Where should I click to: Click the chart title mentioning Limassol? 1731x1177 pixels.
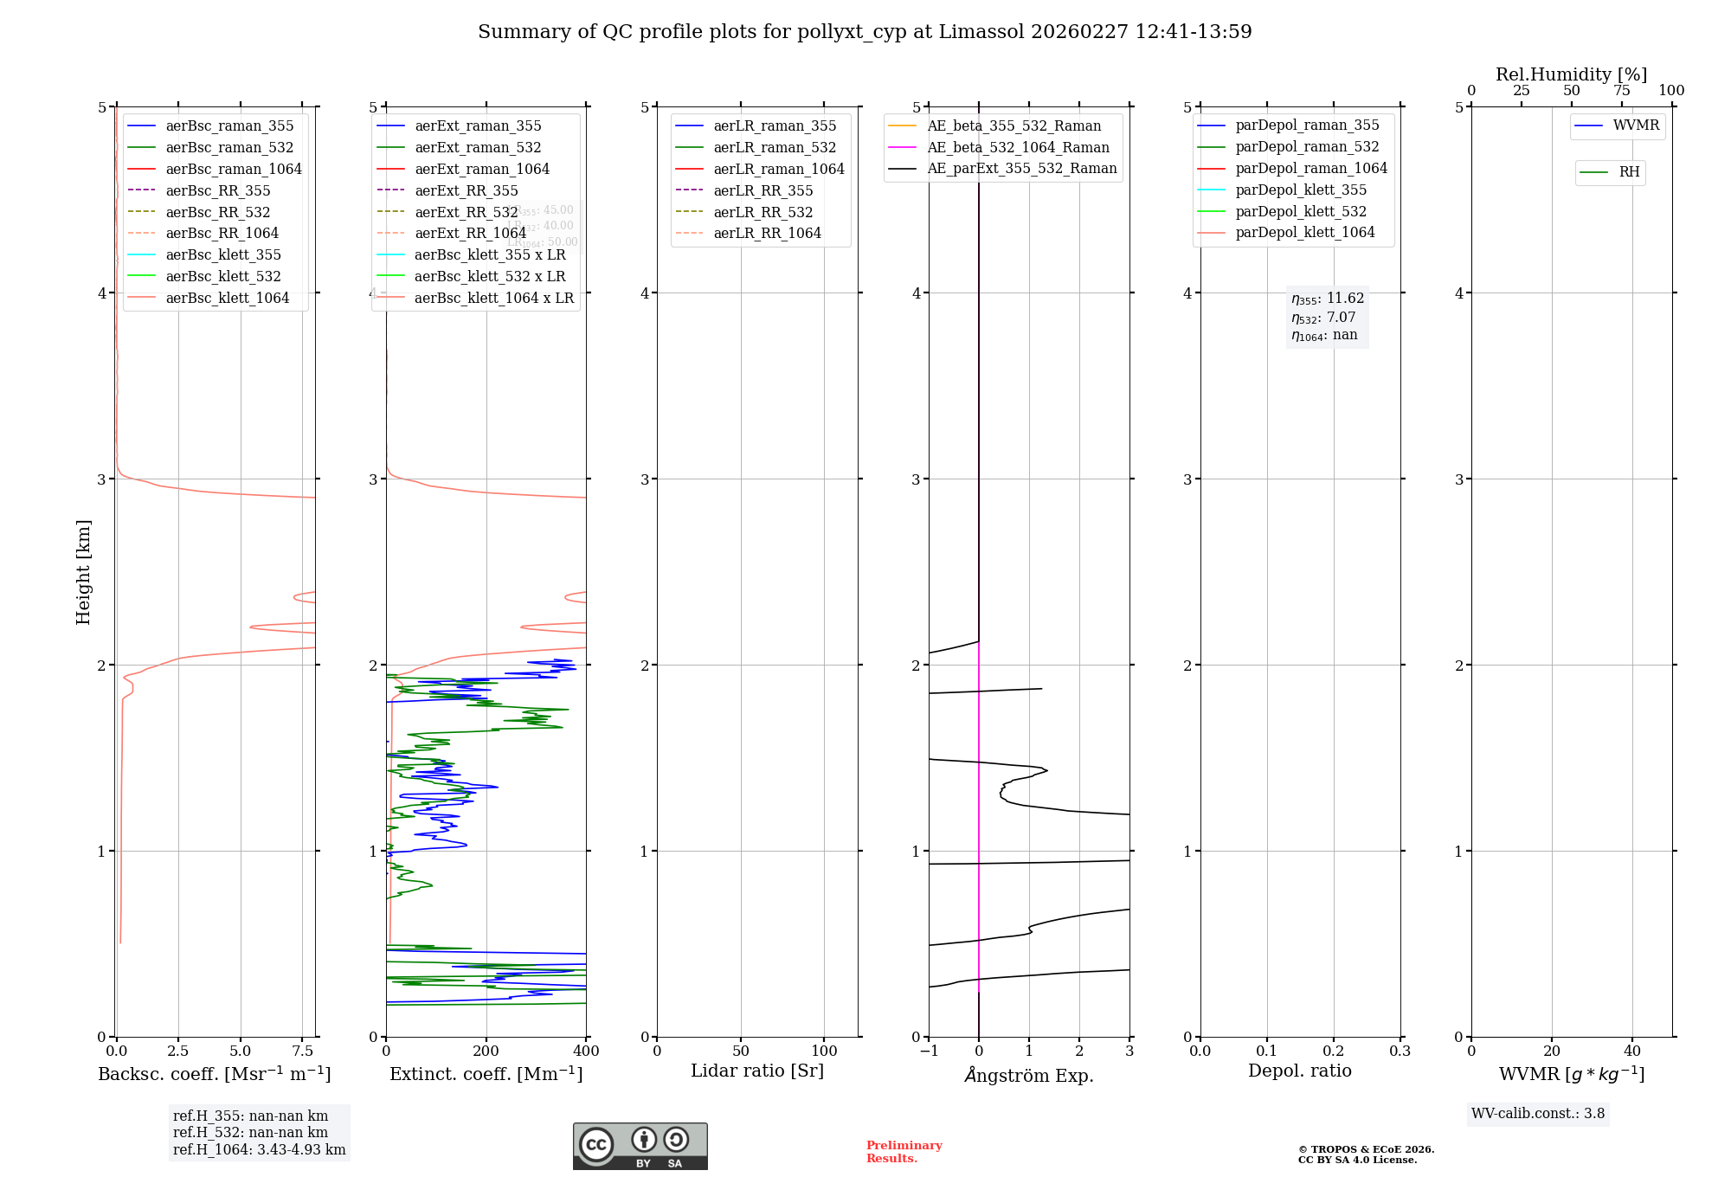click(865, 32)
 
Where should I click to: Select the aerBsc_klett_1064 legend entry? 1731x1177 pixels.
click(227, 298)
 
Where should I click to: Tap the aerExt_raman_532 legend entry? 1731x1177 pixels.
click(478, 148)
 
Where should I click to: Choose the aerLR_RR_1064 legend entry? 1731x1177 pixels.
click(767, 233)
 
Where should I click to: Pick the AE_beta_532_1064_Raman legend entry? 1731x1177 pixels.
click(1018, 147)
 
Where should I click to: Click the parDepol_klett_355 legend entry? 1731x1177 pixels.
click(1301, 190)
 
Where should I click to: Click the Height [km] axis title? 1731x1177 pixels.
click(83, 572)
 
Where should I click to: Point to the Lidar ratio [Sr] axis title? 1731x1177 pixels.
click(757, 1071)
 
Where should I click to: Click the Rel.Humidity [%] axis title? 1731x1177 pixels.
click(1571, 74)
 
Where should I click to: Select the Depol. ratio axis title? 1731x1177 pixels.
click(1299, 1071)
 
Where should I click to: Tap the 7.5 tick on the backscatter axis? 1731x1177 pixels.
click(302, 1052)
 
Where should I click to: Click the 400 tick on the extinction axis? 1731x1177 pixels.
click(586, 1052)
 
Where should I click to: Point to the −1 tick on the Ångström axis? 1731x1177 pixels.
click(929, 1052)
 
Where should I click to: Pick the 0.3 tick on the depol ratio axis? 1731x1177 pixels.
click(1400, 1052)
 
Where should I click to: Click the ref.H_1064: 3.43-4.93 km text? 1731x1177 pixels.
click(259, 1149)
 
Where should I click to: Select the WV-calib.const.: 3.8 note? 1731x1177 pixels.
click(1538, 1114)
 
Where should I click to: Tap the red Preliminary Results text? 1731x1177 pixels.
click(904, 1152)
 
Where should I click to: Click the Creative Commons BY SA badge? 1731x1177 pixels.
click(640, 1146)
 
